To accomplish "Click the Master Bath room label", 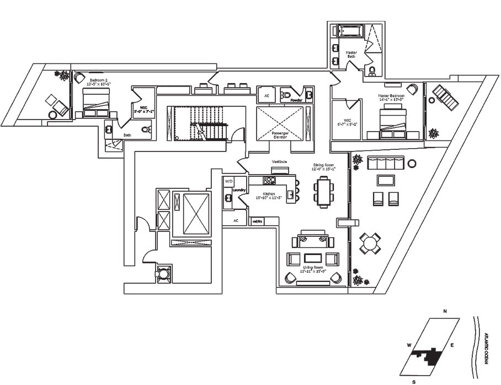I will (x=351, y=55).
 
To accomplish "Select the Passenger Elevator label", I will (x=280, y=135).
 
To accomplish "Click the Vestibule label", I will (x=278, y=161).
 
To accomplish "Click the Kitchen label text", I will (x=269, y=194).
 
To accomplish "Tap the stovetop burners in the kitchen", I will (x=269, y=180).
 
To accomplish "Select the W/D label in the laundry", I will (x=228, y=181).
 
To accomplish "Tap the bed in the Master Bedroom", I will (x=392, y=120).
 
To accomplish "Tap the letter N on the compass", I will (x=445, y=311).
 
